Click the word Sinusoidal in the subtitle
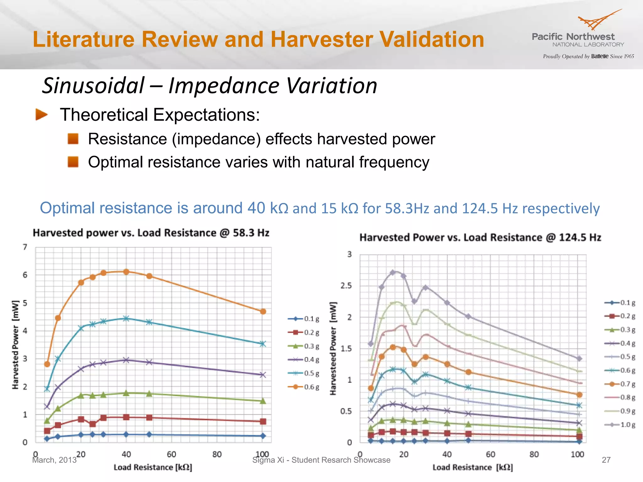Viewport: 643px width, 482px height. pyautogui.click(x=93, y=86)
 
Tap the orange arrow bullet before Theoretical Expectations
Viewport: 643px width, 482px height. pyautogui.click(x=41, y=115)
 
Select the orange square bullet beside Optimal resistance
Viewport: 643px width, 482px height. pyautogui.click(x=73, y=162)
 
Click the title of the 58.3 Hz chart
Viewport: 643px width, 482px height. pyautogui.click(x=151, y=233)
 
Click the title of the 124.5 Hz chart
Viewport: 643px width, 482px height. pyautogui.click(x=480, y=238)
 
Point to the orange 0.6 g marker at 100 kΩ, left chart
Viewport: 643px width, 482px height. pyautogui.click(x=263, y=312)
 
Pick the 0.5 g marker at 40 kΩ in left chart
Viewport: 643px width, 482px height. pyautogui.click(x=126, y=319)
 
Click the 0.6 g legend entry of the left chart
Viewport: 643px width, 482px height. pyautogui.click(x=304, y=387)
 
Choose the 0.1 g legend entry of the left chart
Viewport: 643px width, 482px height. pyautogui.click(x=304, y=319)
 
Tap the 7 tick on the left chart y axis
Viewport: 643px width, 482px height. pyautogui.click(x=25, y=247)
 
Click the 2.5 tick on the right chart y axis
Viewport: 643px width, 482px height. pyautogui.click(x=346, y=286)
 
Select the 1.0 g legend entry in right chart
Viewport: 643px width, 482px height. pyautogui.click(x=620, y=425)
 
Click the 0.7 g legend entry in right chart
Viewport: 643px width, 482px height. pyautogui.click(x=620, y=384)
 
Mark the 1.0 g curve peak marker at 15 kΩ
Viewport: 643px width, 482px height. pyautogui.click(x=393, y=272)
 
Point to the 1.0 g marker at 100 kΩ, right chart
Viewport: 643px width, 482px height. pyautogui.click(x=579, y=358)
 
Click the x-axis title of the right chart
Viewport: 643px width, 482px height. pyautogui.click(x=473, y=468)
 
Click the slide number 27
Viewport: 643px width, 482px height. pyautogui.click(x=606, y=460)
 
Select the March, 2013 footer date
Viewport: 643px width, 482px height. pyautogui.click(x=54, y=460)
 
